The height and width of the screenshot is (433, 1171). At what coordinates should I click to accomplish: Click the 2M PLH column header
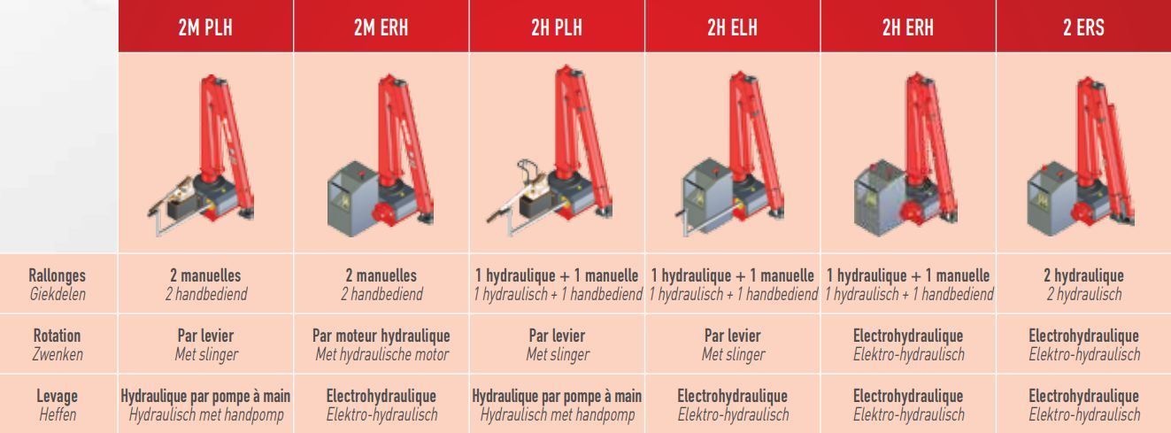pos(205,27)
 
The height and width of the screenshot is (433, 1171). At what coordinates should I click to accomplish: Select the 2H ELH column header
pos(732,27)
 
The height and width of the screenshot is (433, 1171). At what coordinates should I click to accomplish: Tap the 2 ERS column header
pos(1083,27)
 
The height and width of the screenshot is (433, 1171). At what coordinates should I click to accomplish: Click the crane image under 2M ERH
pos(381,155)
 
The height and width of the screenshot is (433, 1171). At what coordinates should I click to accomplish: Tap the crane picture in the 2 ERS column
pos(1081,155)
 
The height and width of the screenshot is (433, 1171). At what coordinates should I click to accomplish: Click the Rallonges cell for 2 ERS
pos(1083,284)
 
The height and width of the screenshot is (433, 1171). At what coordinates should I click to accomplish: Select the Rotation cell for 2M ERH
pos(381,344)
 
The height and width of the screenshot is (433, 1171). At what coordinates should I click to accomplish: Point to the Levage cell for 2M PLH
pos(205,405)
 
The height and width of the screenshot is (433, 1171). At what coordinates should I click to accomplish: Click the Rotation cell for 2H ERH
pos(908,344)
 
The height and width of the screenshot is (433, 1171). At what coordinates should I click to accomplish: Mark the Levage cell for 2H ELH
pos(732,405)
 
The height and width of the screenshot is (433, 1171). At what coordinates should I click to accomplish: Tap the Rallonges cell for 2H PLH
pos(558,284)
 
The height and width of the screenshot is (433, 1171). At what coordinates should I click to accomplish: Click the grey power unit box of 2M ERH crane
pos(352,198)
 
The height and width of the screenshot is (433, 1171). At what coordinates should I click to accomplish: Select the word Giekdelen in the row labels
pos(58,294)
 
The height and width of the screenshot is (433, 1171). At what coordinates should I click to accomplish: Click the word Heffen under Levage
pos(58,414)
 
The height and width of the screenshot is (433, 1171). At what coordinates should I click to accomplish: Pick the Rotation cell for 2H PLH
pos(558,344)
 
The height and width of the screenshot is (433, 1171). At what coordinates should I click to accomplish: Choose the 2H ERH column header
pos(908,27)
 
